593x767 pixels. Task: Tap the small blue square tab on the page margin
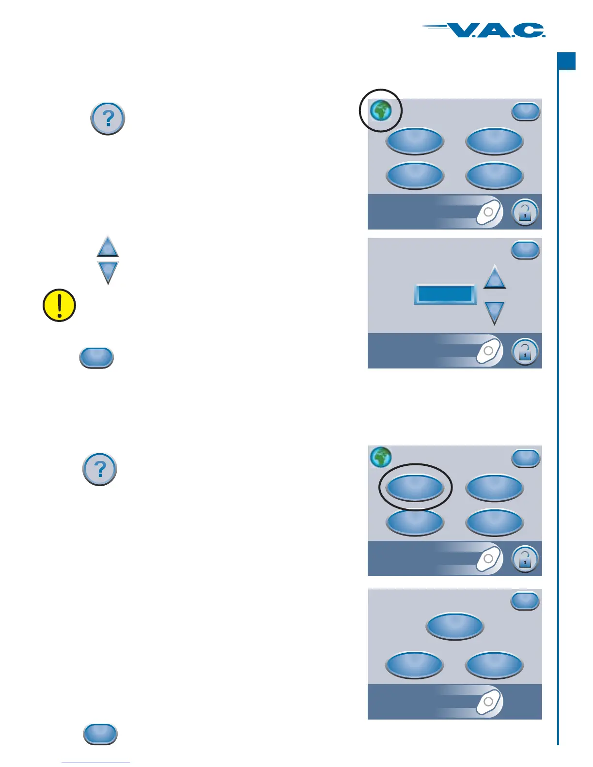tap(566, 61)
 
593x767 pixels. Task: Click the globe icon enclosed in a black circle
tap(381, 111)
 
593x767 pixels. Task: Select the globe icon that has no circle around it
tap(381, 457)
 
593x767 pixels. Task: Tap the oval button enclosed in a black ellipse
tap(415, 487)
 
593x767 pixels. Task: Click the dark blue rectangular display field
tap(445, 294)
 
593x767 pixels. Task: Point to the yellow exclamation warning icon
tap(59, 306)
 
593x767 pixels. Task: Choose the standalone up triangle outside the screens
tap(108, 247)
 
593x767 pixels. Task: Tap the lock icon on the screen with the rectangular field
tap(525, 352)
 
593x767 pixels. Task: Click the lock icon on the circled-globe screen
tap(525, 212)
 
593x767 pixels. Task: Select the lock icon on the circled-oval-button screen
tap(525, 559)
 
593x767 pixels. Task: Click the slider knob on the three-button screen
tap(488, 702)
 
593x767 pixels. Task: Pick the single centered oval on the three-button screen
tap(455, 626)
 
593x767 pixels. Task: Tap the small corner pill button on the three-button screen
tap(526, 601)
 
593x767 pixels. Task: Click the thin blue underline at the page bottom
tap(96, 763)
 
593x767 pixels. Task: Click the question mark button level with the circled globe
tap(108, 118)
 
